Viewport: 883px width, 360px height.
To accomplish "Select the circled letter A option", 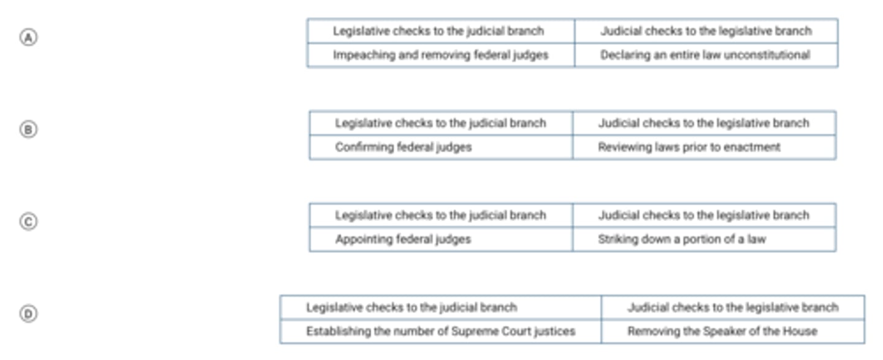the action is click(x=28, y=37).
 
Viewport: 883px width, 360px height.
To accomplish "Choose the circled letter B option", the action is click(x=28, y=129).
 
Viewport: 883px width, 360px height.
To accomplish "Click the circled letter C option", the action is click(x=28, y=221).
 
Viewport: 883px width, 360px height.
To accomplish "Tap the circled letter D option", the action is click(x=28, y=314).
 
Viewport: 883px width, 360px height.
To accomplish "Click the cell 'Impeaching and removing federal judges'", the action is click(x=441, y=55).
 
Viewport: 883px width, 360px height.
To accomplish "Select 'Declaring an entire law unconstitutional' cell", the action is click(x=705, y=55).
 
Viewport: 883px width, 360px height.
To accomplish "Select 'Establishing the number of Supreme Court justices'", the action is click(x=441, y=331).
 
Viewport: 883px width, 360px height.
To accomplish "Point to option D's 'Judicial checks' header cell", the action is click(x=733, y=307).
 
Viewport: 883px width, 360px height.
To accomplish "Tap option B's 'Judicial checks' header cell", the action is click(x=704, y=123).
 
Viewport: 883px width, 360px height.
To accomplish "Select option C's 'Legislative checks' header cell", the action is click(x=441, y=215).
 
